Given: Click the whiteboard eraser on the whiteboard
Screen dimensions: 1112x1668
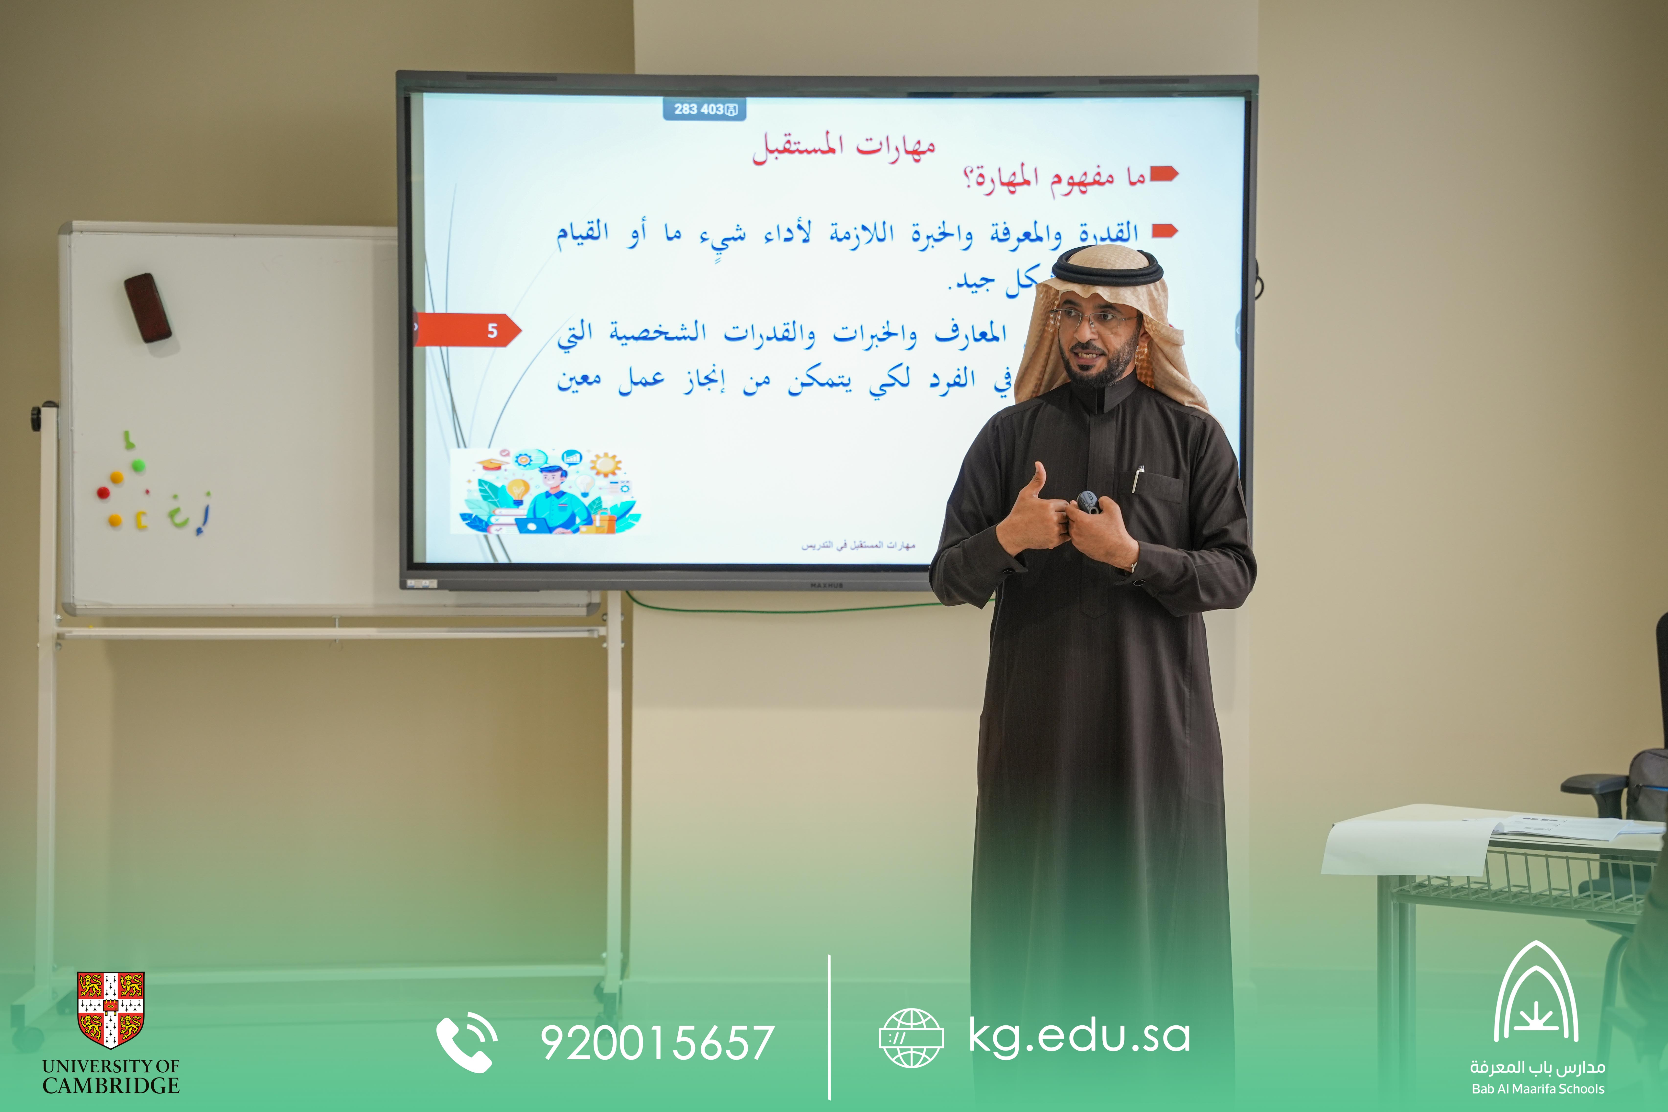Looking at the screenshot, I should (x=148, y=308).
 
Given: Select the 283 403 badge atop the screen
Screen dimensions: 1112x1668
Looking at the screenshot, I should (x=704, y=109).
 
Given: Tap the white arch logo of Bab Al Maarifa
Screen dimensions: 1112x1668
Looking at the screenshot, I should (x=1536, y=993).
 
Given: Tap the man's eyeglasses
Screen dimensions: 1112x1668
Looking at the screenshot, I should (x=1092, y=317).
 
